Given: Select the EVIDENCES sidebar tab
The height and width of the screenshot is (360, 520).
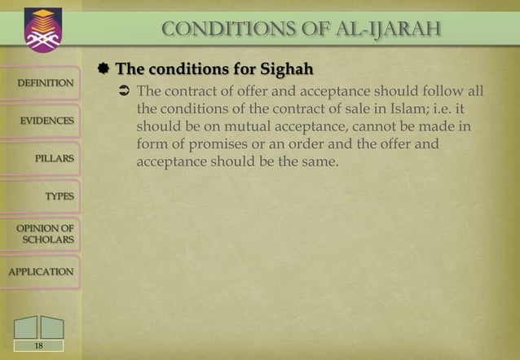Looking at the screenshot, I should [46, 121].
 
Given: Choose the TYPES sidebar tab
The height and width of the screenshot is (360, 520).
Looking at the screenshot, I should [59, 196].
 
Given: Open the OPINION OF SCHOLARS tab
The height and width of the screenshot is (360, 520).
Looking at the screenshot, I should [45, 234].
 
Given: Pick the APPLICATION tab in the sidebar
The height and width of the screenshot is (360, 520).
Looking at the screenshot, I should [41, 271].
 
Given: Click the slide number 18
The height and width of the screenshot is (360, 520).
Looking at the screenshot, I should [37, 346].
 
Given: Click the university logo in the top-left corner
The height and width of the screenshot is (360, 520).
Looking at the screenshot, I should [37, 30].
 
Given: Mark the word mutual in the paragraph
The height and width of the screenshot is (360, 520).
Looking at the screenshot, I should [230, 126].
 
